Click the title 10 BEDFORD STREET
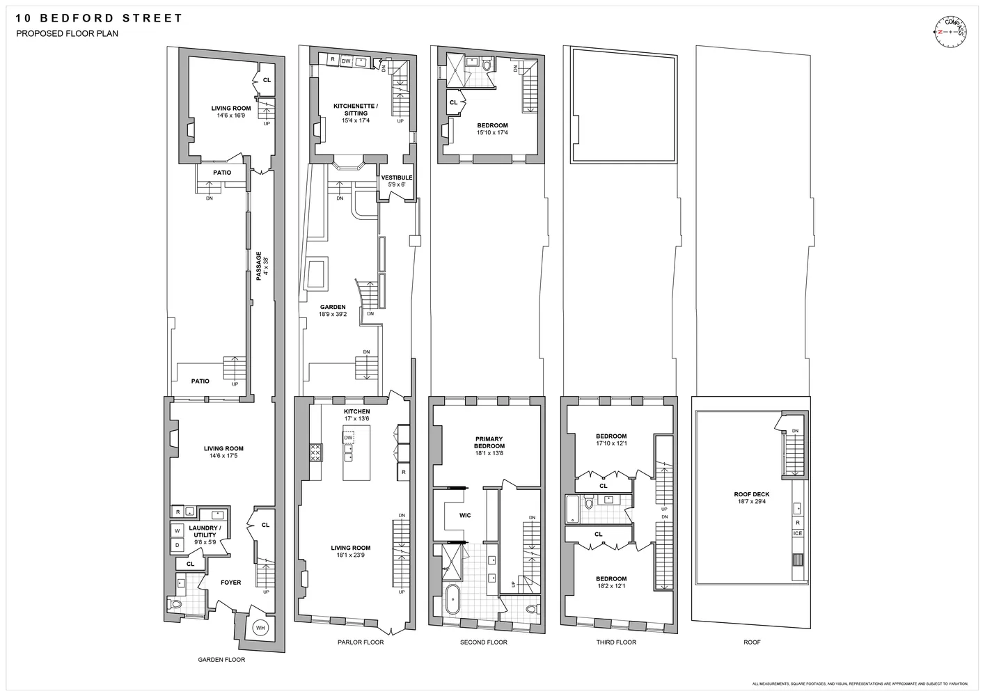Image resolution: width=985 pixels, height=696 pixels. (99, 18)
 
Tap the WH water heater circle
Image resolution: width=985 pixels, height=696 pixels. (260, 628)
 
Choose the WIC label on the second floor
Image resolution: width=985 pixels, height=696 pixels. (465, 516)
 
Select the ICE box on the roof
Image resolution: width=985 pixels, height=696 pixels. (798, 533)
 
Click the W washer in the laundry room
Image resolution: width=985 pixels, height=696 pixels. (177, 531)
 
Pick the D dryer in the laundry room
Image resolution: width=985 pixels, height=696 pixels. (177, 544)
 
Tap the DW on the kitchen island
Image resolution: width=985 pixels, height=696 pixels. (348, 438)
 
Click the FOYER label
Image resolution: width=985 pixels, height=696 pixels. (230, 583)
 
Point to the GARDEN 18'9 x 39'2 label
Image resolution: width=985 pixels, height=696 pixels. (333, 310)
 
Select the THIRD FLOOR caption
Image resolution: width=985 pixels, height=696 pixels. (616, 642)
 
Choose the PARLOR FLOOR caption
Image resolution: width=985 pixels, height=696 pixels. (360, 642)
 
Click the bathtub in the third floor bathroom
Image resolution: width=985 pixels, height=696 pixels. (573, 509)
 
